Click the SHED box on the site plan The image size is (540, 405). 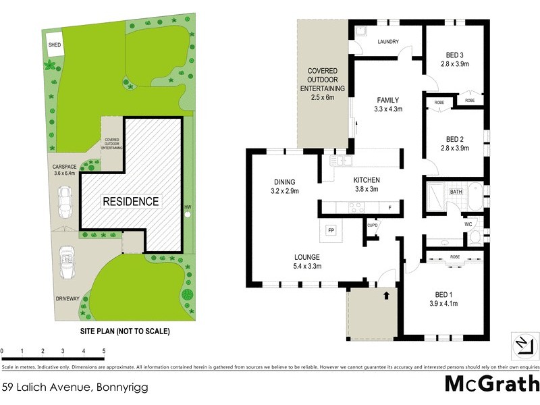[53, 45]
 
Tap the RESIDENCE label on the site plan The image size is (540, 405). [131, 201]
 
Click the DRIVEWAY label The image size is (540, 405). [67, 298]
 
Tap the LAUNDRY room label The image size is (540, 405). [387, 42]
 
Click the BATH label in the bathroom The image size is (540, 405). [456, 192]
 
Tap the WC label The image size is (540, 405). [468, 223]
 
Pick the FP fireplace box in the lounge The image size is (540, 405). [331, 230]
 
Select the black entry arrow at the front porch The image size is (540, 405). [387, 294]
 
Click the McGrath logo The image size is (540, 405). [491, 383]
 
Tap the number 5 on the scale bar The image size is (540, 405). [104, 351]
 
